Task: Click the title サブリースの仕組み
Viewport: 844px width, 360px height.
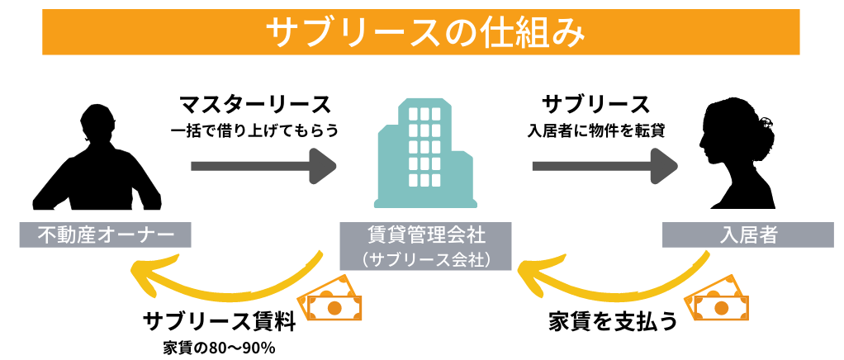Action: [x=421, y=32]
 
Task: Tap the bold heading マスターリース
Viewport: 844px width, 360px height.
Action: [x=255, y=105]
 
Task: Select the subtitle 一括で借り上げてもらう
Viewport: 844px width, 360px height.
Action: [x=255, y=130]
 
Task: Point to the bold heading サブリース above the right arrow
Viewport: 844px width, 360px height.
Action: [x=595, y=105]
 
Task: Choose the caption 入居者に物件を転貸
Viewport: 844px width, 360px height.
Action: [x=595, y=130]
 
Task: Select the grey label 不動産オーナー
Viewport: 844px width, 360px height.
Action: [x=105, y=235]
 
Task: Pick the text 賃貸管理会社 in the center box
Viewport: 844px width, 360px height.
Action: [x=425, y=235]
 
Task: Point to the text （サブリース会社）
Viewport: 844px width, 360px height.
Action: [x=425, y=259]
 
